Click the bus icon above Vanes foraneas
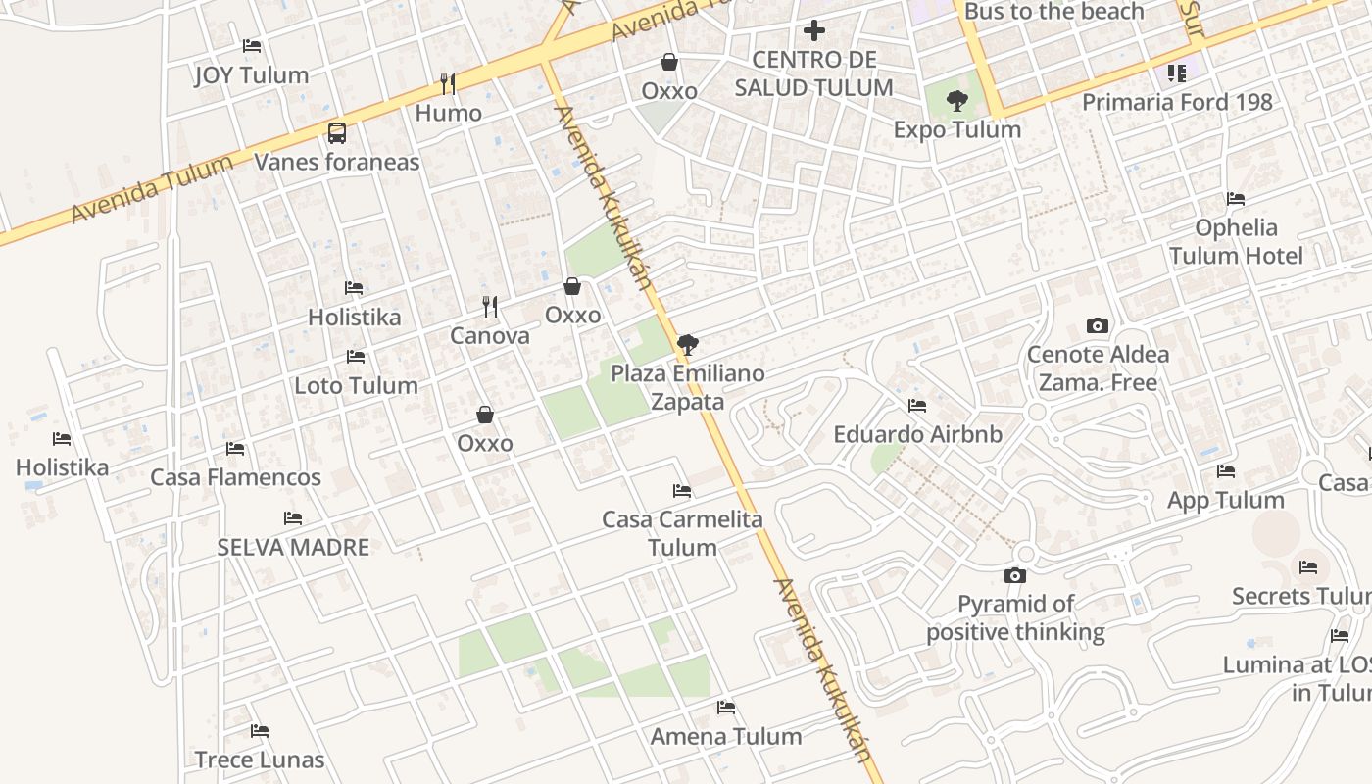(336, 132)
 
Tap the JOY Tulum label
(252, 75)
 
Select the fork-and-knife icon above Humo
(448, 84)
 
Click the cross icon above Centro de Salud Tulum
(813, 31)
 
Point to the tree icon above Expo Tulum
(957, 100)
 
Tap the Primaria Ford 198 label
(1177, 102)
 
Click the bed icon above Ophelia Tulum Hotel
(1236, 199)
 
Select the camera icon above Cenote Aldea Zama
(1098, 325)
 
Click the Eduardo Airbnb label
(917, 434)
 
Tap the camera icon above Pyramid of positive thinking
(1015, 575)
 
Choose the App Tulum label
(1225, 501)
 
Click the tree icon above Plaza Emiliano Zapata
(688, 345)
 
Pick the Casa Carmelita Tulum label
(682, 533)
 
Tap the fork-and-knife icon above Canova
(490, 307)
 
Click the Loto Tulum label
(356, 386)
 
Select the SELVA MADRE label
(293, 548)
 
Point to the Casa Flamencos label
(235, 478)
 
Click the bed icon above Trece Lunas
(260, 731)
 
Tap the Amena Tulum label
(726, 737)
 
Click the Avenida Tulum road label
(152, 189)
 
